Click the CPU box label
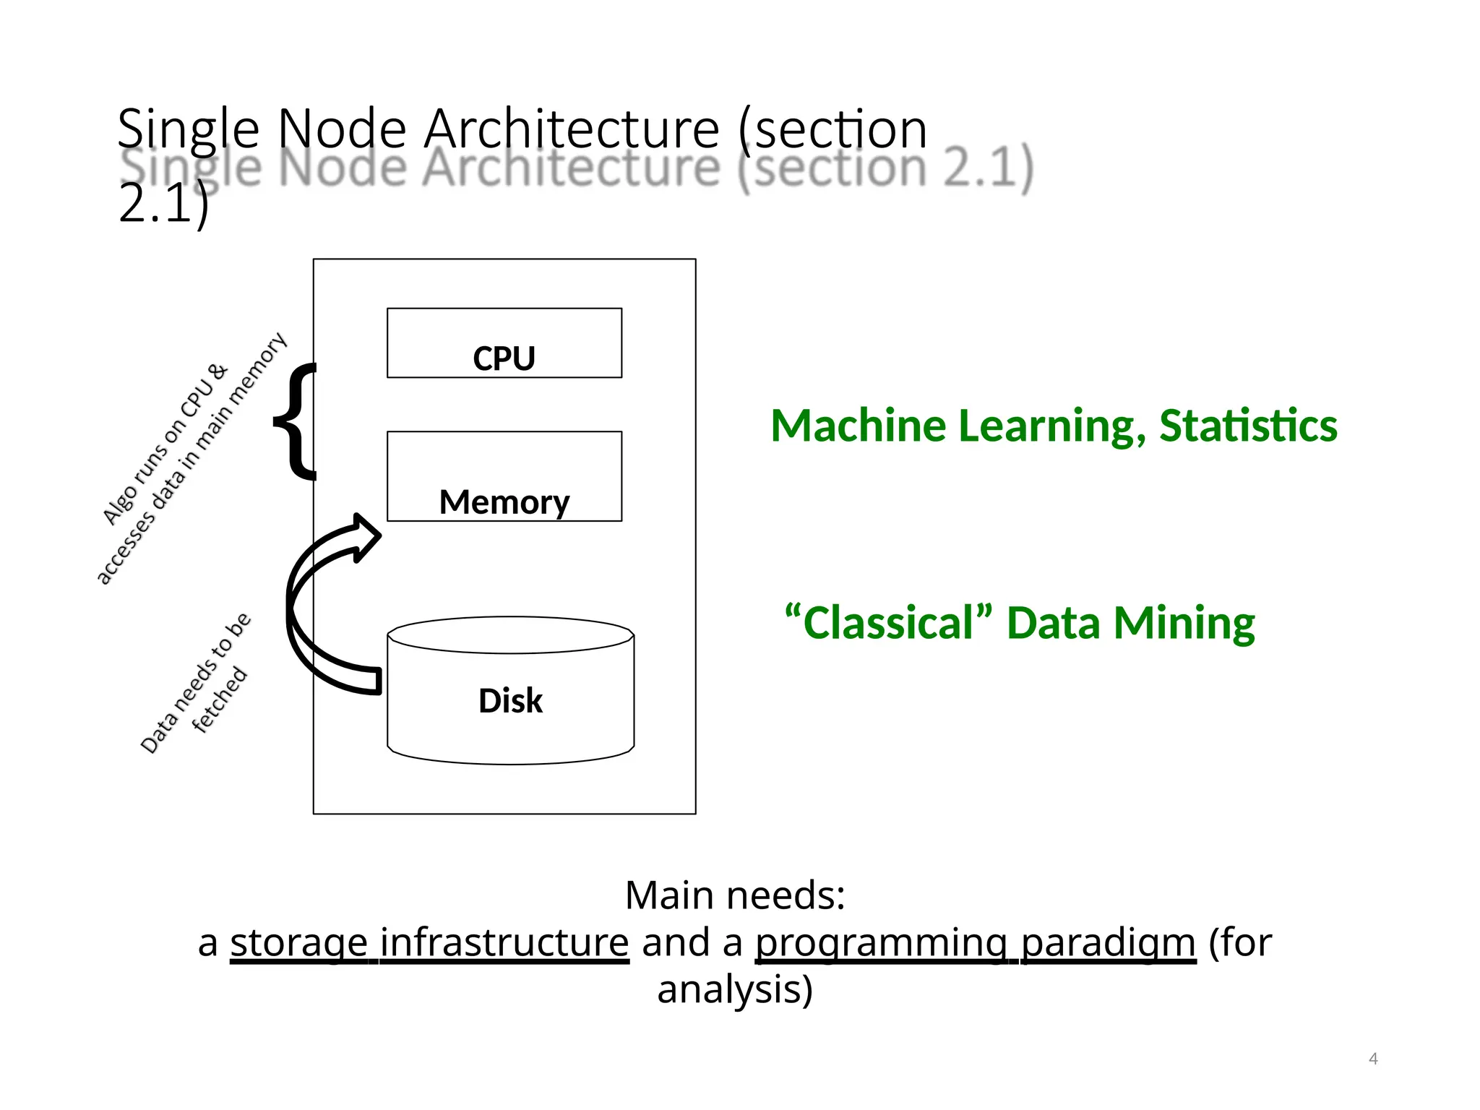(504, 358)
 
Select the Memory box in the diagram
(504, 476)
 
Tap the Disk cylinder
(510, 700)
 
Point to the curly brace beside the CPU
(295, 421)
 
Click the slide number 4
(1373, 1059)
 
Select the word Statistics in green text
(1248, 426)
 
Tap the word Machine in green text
(858, 426)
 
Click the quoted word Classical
(888, 622)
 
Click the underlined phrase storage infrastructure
(429, 942)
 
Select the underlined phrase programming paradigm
(976, 942)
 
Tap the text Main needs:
(735, 895)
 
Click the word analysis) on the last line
(735, 989)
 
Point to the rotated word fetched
(220, 700)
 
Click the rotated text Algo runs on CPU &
(165, 444)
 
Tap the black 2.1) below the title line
(163, 204)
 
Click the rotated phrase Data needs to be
(195, 683)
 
